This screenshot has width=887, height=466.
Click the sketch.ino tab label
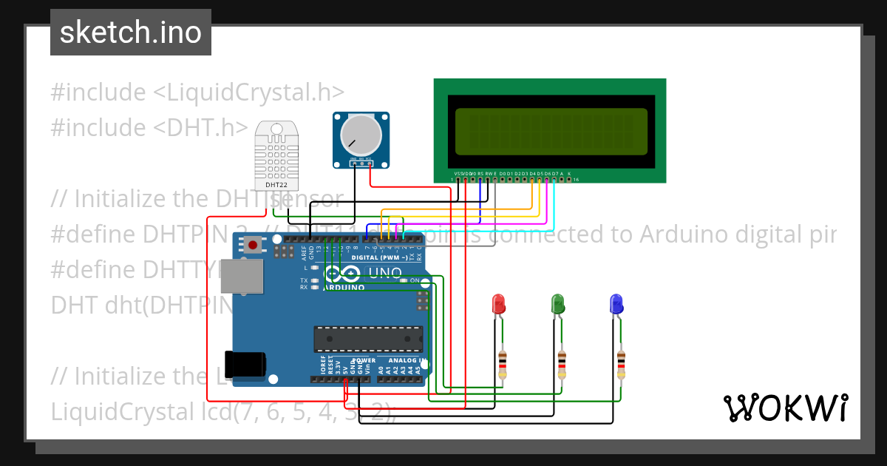[131, 33]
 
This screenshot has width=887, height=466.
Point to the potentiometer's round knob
[360, 135]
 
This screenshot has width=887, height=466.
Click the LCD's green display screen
[551, 129]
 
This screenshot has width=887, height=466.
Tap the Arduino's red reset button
[254, 244]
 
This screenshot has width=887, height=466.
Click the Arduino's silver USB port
[241, 275]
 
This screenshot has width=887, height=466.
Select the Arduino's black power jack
[245, 364]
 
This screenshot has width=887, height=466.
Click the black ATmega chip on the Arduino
[368, 338]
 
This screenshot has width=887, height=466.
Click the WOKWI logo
[785, 408]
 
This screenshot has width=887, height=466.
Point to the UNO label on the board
[384, 273]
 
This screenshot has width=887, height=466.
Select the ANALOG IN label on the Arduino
[402, 361]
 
